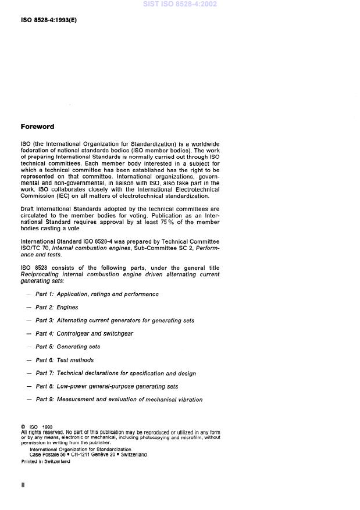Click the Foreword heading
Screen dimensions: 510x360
37,126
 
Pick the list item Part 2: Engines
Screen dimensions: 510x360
56,308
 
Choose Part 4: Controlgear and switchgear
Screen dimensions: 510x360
84,334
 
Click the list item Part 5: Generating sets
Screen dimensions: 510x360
67,347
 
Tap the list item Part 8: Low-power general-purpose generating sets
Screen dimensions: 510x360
107,386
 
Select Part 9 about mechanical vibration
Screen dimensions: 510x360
119,400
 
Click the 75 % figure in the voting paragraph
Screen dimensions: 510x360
156,222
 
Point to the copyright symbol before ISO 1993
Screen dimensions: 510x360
23,427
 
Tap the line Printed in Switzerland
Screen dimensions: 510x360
45,461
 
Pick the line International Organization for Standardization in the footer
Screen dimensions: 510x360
80,449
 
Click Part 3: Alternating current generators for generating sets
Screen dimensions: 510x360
115,320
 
